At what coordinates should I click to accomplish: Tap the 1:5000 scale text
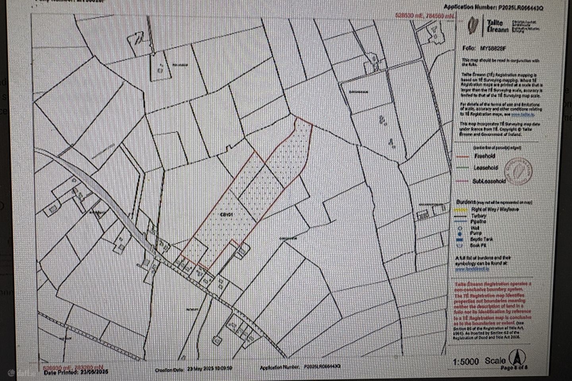tap(465, 362)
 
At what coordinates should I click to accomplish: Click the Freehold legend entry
tap(484, 156)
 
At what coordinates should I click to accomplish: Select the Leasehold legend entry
tap(485, 168)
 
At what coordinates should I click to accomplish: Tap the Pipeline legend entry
tap(479, 221)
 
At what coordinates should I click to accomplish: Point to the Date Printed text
tap(76, 372)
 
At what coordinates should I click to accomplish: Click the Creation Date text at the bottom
tap(193, 368)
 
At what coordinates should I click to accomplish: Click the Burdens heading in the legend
tap(465, 202)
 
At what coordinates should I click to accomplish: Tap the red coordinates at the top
tap(423, 15)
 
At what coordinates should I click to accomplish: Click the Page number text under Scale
tap(514, 368)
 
